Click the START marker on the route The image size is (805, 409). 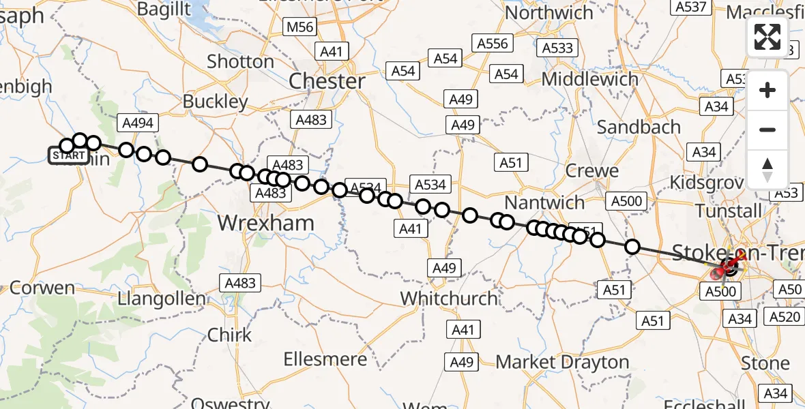(x=69, y=156)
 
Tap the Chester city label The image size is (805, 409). (x=327, y=81)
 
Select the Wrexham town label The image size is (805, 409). (x=265, y=223)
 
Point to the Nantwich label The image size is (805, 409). (x=545, y=202)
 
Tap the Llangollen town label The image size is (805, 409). (x=161, y=299)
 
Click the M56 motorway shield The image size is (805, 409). (x=300, y=27)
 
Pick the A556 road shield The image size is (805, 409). (x=493, y=44)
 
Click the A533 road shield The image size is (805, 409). (x=557, y=48)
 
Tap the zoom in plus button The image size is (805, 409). (x=767, y=90)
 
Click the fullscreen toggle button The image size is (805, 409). (x=767, y=37)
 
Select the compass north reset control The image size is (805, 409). (x=767, y=169)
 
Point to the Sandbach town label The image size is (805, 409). (x=639, y=127)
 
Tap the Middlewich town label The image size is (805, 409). (x=590, y=79)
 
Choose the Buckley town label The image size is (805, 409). (x=216, y=102)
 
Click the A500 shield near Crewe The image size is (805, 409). (x=626, y=200)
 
